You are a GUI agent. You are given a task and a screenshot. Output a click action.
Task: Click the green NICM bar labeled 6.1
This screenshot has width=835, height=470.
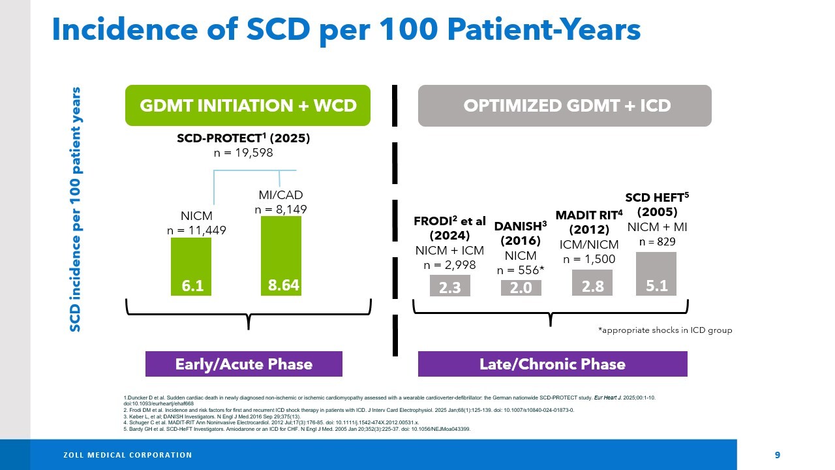pos(191,267)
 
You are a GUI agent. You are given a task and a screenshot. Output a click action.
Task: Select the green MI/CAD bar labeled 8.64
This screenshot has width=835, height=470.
pos(281,256)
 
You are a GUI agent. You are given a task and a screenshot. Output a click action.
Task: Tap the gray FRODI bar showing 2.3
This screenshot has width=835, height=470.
pos(450,286)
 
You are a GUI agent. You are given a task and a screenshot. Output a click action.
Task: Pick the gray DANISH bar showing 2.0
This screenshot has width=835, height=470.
pos(521,288)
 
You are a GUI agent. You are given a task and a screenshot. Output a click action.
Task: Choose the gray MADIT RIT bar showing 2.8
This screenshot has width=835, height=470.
pos(592,283)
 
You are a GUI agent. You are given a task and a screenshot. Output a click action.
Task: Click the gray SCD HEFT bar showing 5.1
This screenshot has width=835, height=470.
pos(656,274)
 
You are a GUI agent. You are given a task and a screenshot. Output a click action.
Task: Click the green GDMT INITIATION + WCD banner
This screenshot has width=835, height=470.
pos(248,106)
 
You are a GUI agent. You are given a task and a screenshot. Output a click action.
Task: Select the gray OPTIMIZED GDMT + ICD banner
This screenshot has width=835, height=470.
pos(564,106)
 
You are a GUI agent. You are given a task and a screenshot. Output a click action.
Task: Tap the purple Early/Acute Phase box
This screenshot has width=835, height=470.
pos(243,364)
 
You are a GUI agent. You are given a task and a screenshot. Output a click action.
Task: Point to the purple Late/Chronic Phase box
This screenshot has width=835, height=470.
pos(552,364)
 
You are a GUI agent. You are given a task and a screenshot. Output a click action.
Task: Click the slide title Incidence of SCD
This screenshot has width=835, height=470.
pos(346,29)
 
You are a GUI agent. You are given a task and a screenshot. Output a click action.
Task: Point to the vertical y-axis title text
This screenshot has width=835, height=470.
pos(76,209)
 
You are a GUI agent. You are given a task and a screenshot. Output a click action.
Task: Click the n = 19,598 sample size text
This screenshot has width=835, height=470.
pos(243,153)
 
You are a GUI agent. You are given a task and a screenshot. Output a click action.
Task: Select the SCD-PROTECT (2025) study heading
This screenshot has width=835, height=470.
pos(243,138)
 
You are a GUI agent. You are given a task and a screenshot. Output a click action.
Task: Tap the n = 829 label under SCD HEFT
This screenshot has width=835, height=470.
pos(657,242)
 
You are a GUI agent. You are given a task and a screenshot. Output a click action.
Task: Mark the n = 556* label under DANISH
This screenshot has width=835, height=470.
pos(521,270)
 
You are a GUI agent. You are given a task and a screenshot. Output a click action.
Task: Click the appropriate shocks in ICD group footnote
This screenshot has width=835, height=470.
pos(665,330)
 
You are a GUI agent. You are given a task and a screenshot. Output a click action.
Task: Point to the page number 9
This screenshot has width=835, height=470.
pos(777,455)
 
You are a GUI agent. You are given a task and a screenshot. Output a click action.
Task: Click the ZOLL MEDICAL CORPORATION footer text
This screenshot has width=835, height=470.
pos(127,455)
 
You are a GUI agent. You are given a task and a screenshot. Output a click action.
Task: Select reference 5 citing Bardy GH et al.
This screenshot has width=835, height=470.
pos(297,430)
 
